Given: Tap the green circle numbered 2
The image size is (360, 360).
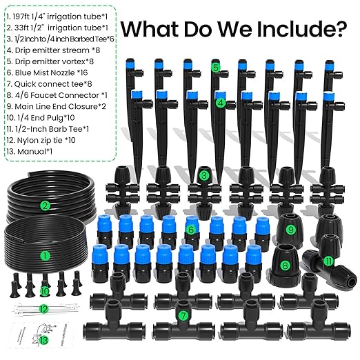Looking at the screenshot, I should point(45,205).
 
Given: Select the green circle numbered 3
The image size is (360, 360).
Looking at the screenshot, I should point(203,176).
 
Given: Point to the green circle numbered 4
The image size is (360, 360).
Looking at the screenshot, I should point(220,103).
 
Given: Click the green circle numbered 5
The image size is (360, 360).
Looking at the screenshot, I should point(216,68).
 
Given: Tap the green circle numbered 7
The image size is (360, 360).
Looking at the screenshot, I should point(183,316).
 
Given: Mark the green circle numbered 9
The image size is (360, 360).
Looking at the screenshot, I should point(290,230).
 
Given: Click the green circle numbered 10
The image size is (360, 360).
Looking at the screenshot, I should point(45,292).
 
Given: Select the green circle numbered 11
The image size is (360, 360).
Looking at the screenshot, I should point(328,261).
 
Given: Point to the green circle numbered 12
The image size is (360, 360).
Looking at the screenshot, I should point(45,308).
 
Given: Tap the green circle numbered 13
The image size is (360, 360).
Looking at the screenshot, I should point(45,339).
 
